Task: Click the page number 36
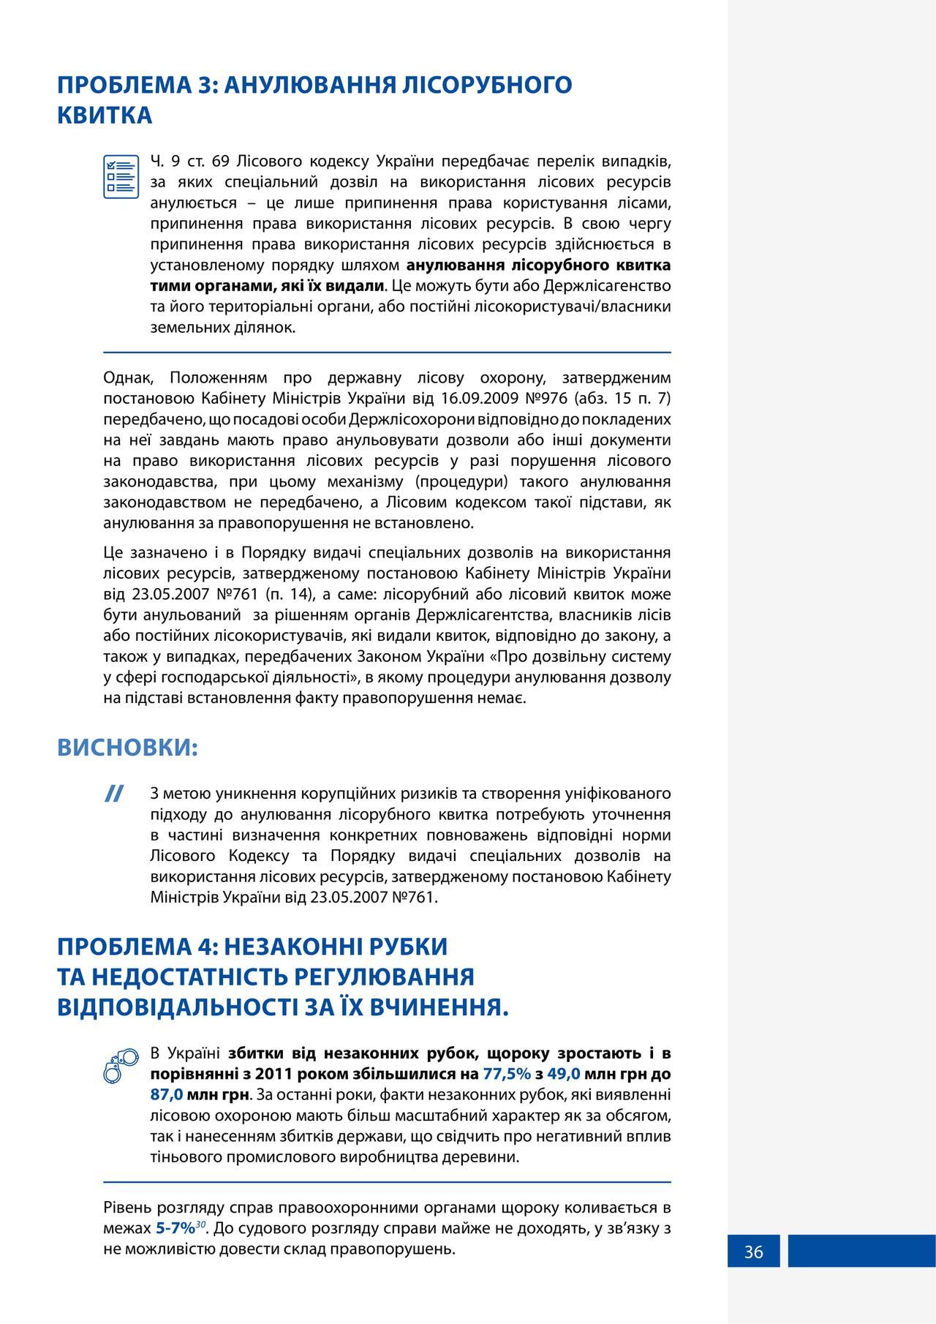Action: click(x=753, y=1252)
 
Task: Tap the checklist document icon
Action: click(x=121, y=176)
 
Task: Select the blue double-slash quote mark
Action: click(x=113, y=794)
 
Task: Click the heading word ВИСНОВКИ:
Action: click(x=128, y=748)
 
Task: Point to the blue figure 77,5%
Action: click(x=507, y=1074)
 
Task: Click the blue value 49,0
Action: click(x=563, y=1074)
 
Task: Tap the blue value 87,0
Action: click(x=166, y=1095)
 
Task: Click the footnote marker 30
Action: click(x=200, y=1224)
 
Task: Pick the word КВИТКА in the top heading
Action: click(x=105, y=116)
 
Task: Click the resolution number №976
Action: click(x=546, y=399)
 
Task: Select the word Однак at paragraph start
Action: click(x=127, y=378)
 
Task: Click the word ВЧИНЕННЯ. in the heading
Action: click(x=439, y=1008)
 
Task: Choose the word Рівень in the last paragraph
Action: click(x=128, y=1208)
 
